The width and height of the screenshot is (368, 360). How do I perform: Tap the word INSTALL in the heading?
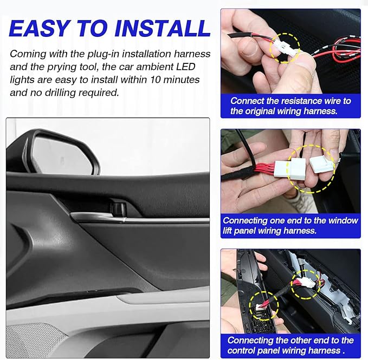coord(163,28)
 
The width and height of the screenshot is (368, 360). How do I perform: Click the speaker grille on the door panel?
coord(33,340)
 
